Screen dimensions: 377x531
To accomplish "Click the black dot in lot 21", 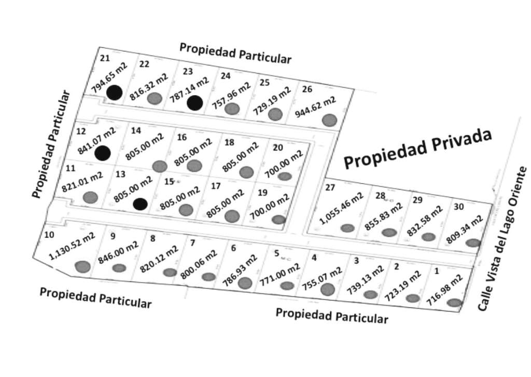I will point(115,92).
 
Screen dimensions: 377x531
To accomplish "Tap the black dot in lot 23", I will point(194,103).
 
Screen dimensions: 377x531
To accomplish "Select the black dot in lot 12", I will point(103,153).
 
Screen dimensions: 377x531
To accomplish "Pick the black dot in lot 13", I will point(139,204).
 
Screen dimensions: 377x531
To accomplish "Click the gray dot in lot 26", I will point(329,120).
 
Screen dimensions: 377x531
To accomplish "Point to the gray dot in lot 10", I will point(82,267).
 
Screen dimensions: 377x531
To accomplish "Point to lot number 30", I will point(459,206).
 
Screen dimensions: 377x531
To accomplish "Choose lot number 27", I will point(330,187).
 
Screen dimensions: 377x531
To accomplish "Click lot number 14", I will point(136,130).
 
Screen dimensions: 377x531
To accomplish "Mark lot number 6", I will point(233,248).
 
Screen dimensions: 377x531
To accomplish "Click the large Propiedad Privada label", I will point(417,149).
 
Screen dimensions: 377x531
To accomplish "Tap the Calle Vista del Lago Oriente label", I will point(502,239).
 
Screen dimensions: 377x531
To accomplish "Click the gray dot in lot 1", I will point(454,303).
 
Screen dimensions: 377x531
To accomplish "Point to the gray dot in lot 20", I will point(284,177).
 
